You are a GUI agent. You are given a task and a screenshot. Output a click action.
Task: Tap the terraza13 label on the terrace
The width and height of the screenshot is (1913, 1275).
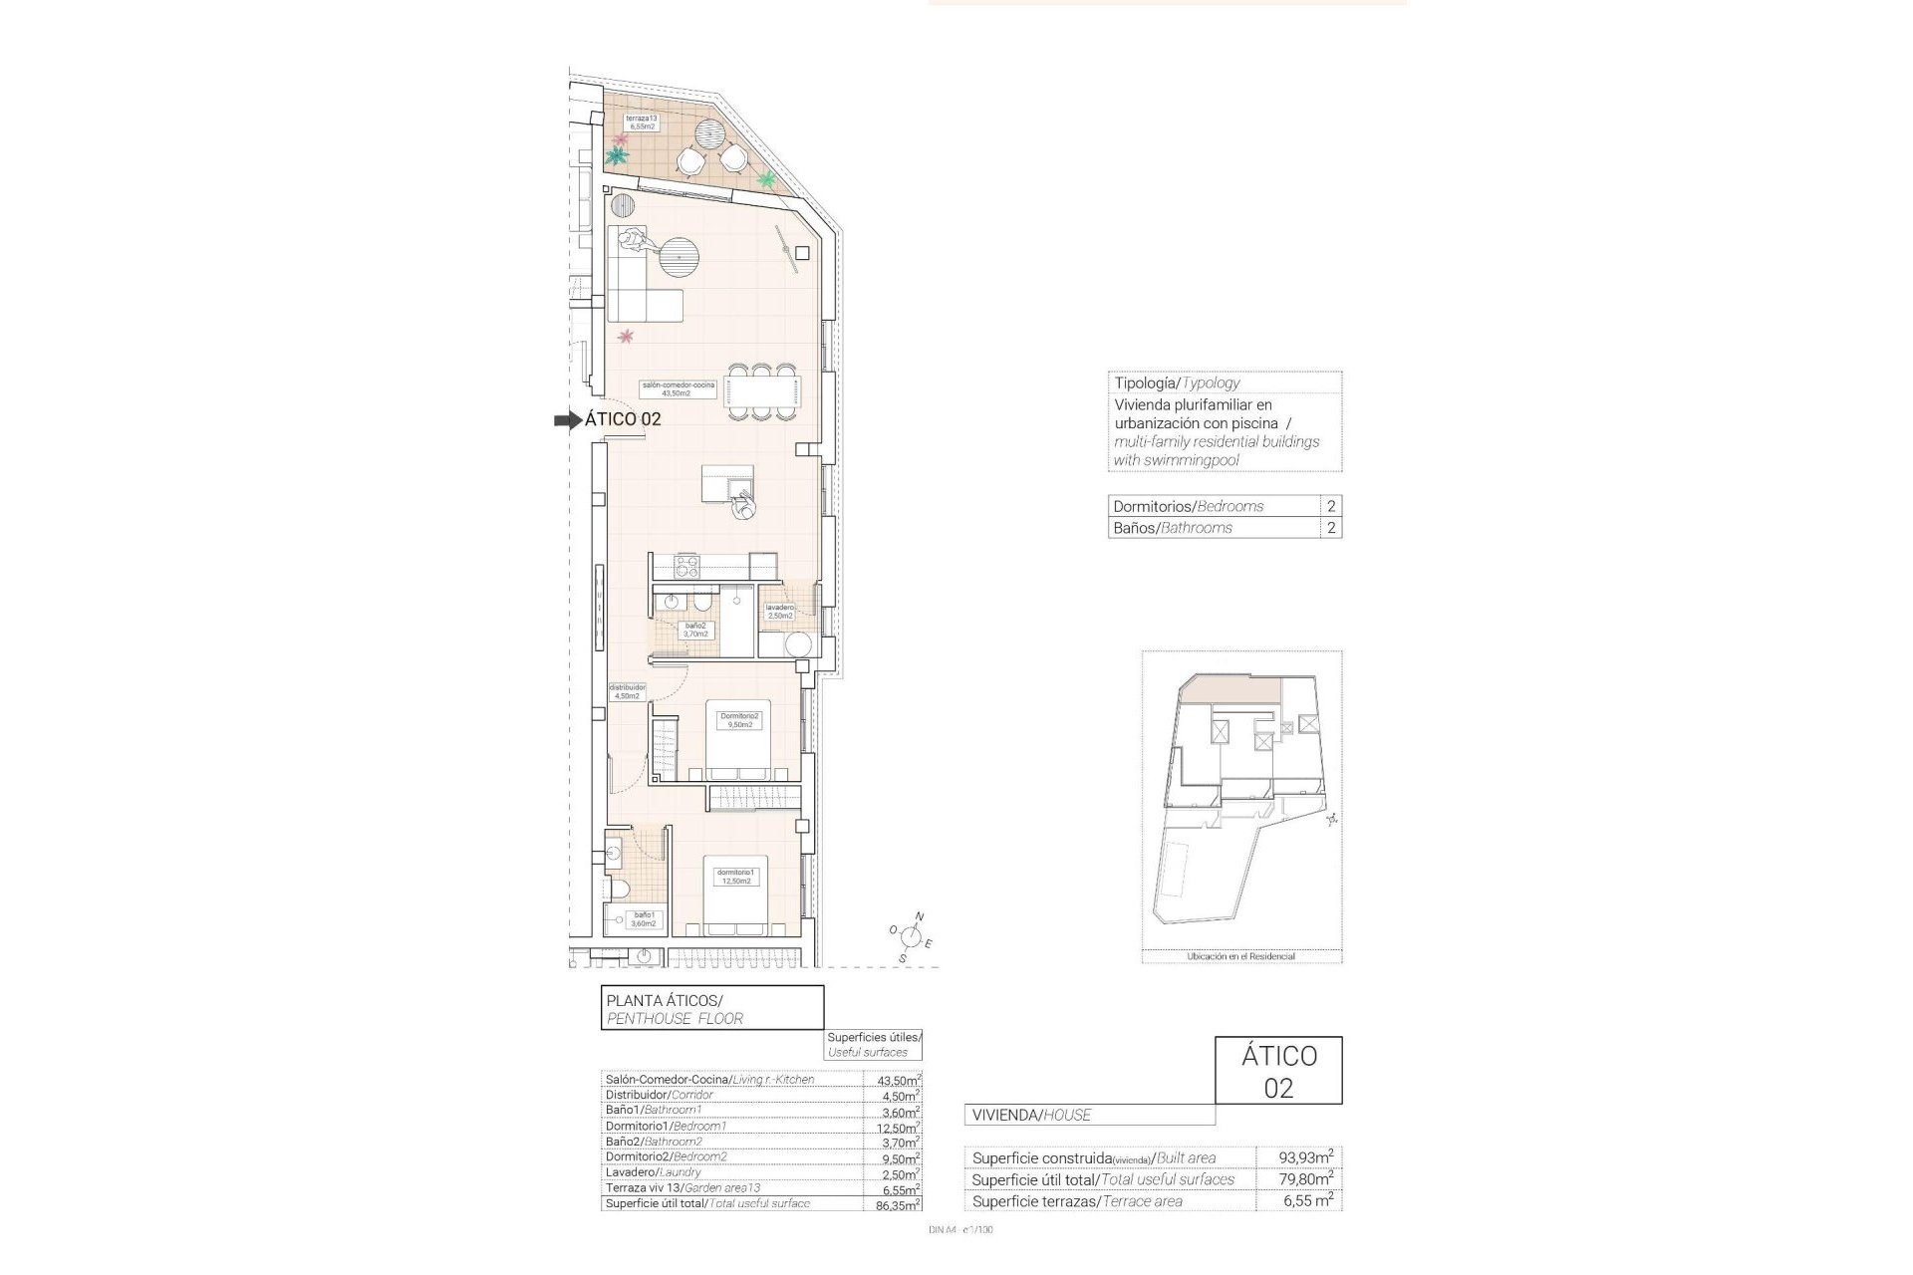point(641,123)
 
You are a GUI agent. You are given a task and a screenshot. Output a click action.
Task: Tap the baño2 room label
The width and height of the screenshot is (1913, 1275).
point(694,630)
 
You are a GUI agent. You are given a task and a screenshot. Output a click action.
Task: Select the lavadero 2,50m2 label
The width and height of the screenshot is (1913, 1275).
point(779,612)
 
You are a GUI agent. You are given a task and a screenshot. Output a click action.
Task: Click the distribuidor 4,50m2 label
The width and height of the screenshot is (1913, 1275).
point(627,691)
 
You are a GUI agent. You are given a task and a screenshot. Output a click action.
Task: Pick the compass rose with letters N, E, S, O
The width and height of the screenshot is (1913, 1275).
point(911,936)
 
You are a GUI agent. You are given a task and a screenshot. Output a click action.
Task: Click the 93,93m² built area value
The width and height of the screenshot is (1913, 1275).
point(1306,1157)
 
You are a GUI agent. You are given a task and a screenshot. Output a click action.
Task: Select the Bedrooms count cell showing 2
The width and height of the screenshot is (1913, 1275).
point(1331,506)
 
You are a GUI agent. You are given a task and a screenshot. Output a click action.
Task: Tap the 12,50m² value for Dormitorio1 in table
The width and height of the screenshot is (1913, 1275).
point(892,1128)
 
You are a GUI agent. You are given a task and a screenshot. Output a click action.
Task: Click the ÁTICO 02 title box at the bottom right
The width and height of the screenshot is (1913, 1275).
point(1278,1071)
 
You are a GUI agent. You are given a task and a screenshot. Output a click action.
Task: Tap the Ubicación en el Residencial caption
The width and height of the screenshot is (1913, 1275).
point(1240,956)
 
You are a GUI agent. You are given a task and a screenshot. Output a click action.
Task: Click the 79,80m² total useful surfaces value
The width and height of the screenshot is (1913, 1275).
point(1306,1179)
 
